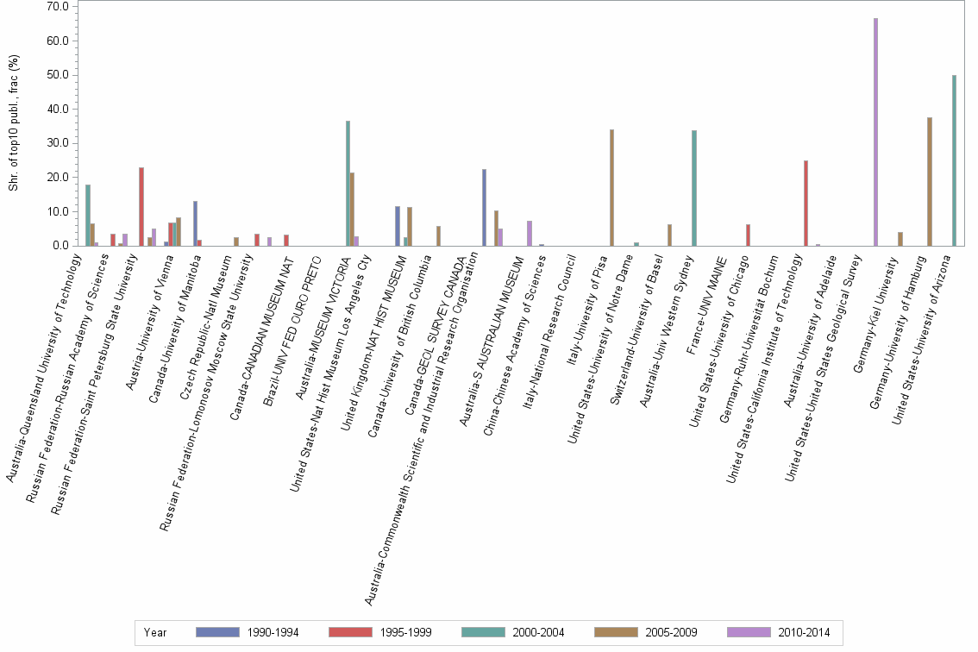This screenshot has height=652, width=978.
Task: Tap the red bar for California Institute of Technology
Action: (x=806, y=204)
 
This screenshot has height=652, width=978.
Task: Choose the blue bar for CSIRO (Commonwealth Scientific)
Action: (x=484, y=208)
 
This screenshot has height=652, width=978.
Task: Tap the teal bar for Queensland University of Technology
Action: (x=88, y=216)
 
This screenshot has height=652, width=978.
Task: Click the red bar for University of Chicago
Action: (x=748, y=235)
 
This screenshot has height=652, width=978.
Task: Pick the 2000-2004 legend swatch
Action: (x=483, y=632)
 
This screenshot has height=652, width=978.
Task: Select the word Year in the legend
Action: (x=155, y=632)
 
